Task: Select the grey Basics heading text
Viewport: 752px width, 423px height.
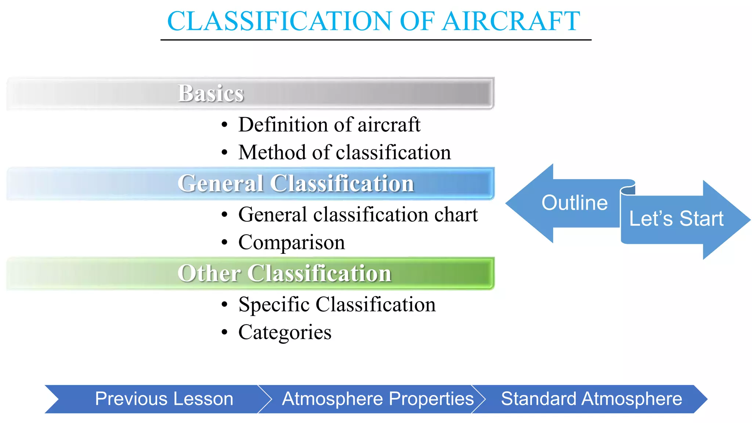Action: click(x=211, y=93)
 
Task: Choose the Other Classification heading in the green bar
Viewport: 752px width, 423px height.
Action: click(x=284, y=273)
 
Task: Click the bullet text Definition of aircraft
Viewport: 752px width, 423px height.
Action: click(x=329, y=124)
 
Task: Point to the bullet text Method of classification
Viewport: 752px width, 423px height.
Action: click(x=344, y=152)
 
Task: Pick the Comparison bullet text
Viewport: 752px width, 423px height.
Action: click(x=292, y=242)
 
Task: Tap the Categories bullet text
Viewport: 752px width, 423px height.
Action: click(x=285, y=332)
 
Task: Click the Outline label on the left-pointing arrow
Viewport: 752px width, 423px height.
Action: click(x=574, y=203)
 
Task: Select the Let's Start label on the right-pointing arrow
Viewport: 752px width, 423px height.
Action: click(x=676, y=219)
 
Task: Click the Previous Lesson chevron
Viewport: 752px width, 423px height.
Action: click(x=164, y=399)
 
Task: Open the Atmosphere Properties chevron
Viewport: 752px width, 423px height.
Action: click(x=377, y=399)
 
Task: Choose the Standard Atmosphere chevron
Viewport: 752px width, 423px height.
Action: click(x=591, y=399)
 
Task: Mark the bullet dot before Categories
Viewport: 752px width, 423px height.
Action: click(x=225, y=332)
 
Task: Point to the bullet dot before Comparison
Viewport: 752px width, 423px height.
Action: click(x=225, y=242)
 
